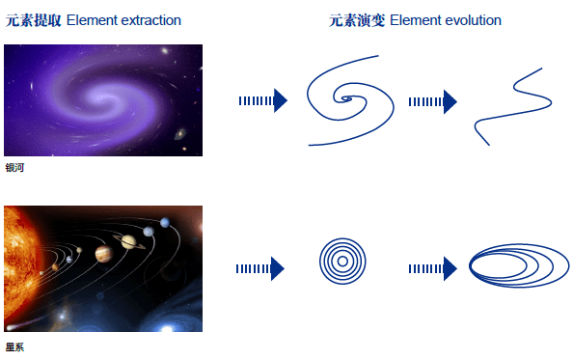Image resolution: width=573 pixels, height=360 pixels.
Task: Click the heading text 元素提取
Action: pyautogui.click(x=34, y=20)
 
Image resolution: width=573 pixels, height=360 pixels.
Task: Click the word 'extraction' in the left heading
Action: pyautogui.click(x=150, y=20)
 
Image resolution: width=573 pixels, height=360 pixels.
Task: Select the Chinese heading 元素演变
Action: pyautogui.click(x=357, y=20)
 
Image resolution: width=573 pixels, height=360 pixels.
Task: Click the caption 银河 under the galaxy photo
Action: pyautogui.click(x=14, y=168)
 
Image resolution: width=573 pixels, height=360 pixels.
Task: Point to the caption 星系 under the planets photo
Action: pyautogui.click(x=14, y=347)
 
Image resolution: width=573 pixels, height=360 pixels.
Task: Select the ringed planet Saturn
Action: pyautogui.click(x=128, y=240)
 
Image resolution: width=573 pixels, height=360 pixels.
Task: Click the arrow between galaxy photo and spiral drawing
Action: pyautogui.click(x=262, y=100)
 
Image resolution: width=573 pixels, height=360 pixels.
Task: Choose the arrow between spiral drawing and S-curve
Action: pyautogui.click(x=431, y=101)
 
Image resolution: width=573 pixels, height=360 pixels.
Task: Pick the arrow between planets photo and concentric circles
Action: pyautogui.click(x=259, y=268)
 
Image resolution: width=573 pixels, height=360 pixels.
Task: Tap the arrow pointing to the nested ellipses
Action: pyautogui.click(x=431, y=268)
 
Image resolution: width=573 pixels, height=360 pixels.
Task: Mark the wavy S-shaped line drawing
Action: pyautogui.click(x=512, y=105)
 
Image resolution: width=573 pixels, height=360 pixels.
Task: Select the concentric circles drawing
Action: pyautogui.click(x=339, y=261)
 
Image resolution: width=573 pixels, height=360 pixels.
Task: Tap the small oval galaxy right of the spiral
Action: pyautogui.click(x=180, y=134)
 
